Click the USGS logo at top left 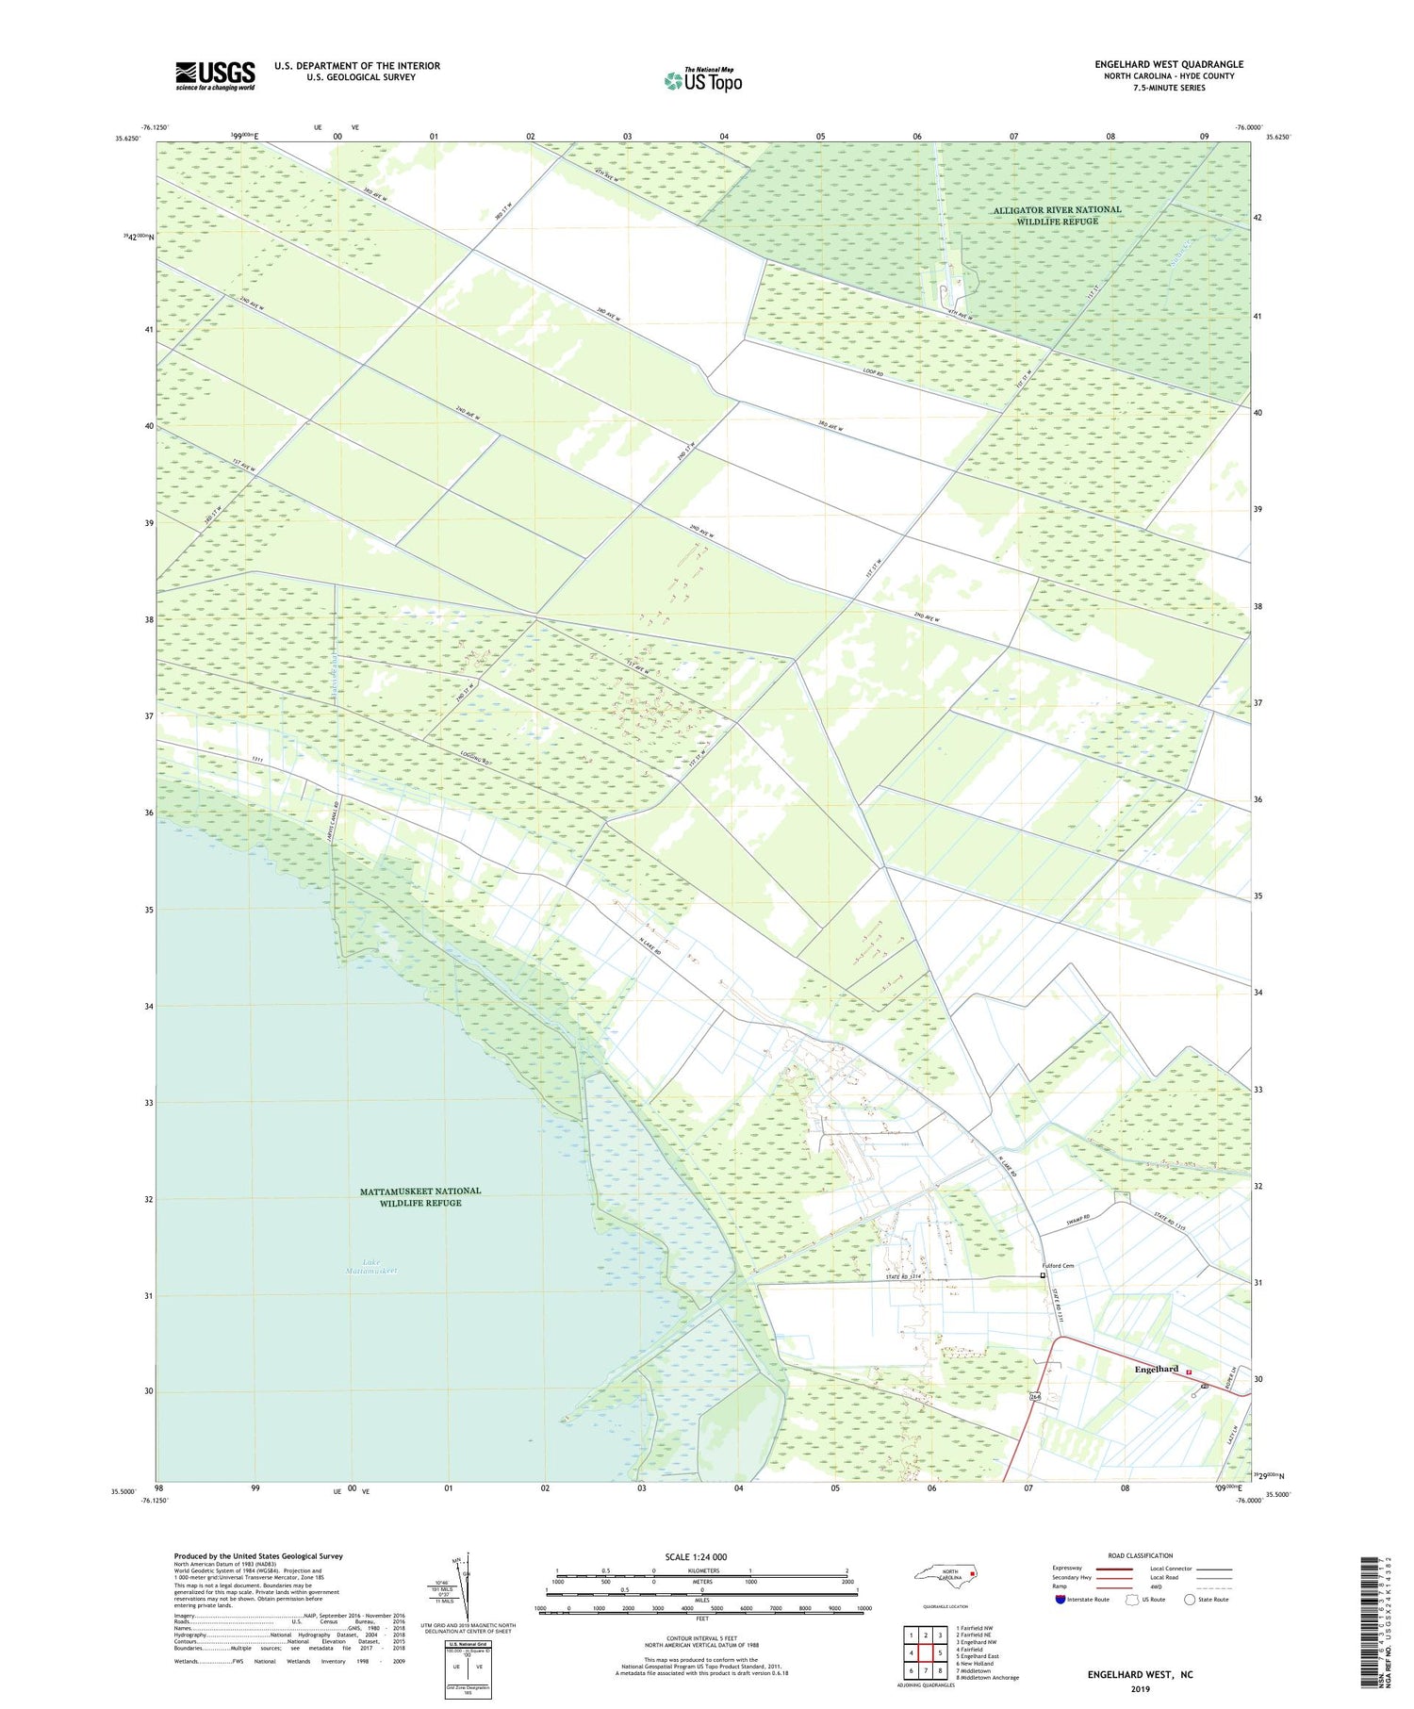tap(215, 74)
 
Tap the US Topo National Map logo tap(702, 80)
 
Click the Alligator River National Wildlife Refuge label tap(1057, 215)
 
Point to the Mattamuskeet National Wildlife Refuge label tap(420, 1196)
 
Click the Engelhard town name tap(1156, 1369)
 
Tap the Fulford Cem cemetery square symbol tap(1043, 1274)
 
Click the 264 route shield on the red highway tap(1035, 1396)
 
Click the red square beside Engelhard tap(1189, 1372)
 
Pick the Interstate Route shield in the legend tap(1060, 1599)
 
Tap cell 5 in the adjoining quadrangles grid tap(940, 1652)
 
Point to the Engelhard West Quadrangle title tap(1168, 64)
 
